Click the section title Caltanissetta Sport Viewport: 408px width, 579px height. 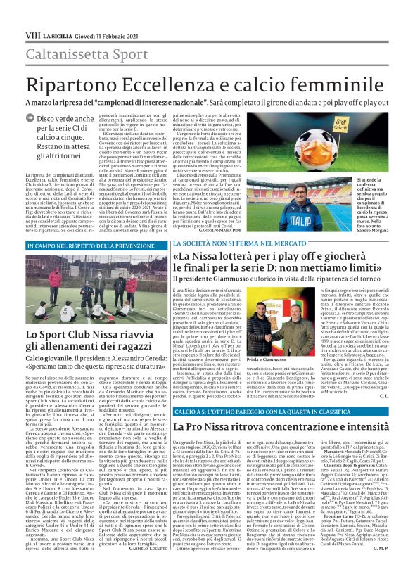pyautogui.click(x=77, y=53)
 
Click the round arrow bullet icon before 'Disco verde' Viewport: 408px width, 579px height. pyautogui.click(x=32, y=120)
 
